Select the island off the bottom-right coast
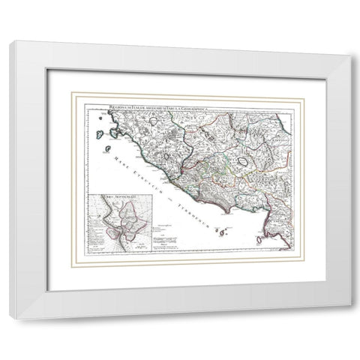tap(259, 239)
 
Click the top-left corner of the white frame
tap(10, 42)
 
